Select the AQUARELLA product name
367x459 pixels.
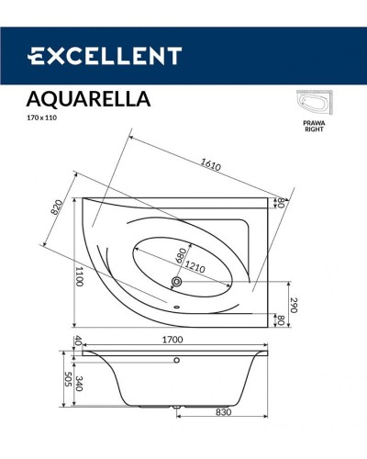[89, 97]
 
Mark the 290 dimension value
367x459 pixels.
[294, 305]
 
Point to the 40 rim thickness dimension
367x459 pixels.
[79, 341]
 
